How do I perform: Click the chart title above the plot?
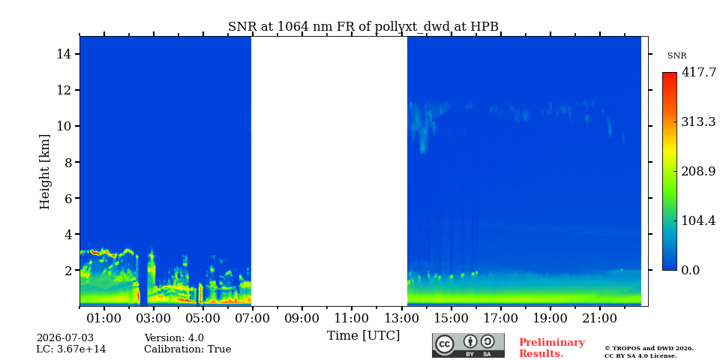coord(363,27)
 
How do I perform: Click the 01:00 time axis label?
coord(105,319)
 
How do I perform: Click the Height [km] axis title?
coord(44,172)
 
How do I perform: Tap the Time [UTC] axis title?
coord(363,336)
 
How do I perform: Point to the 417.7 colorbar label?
coord(698,73)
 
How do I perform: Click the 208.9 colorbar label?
coord(698,171)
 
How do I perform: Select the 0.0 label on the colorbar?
coord(690,270)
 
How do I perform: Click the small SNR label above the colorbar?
coord(676,56)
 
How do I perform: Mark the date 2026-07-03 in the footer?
coord(64,338)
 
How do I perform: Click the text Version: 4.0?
coord(174,338)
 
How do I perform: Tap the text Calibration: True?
coord(187,349)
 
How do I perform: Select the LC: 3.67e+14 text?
coord(71,349)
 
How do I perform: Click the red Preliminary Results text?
coord(552,348)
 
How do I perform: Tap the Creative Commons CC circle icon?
coord(445,345)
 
